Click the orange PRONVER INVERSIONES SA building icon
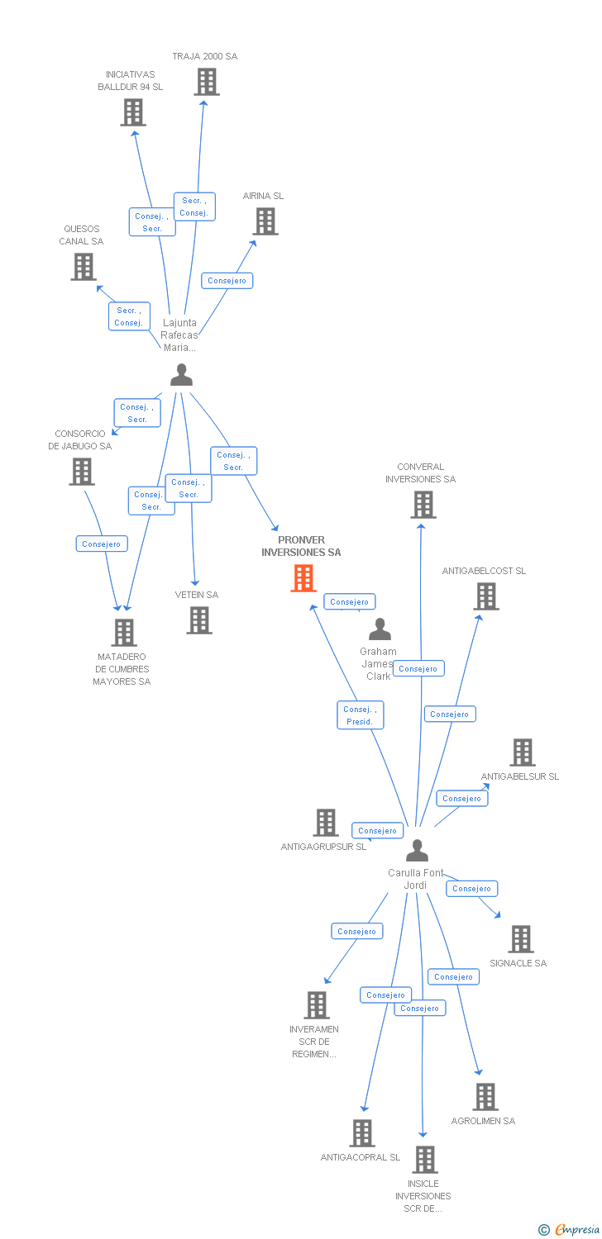pyautogui.click(x=303, y=578)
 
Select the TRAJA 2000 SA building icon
pyautogui.click(x=207, y=82)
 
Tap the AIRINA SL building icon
pyautogui.click(x=265, y=221)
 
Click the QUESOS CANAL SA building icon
pyautogui.click(x=84, y=267)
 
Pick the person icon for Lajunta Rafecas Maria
pyautogui.click(x=181, y=375)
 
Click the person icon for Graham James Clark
pyautogui.click(x=380, y=629)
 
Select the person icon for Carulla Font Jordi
pyautogui.click(x=418, y=851)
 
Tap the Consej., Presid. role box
pyautogui.click(x=360, y=715)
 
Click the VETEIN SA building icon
pyautogui.click(x=199, y=620)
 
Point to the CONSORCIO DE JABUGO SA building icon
pyautogui.click(x=82, y=472)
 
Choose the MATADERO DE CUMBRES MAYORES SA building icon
pyautogui.click(x=124, y=633)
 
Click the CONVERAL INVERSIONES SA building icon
pyautogui.click(x=423, y=505)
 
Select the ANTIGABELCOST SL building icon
pyautogui.click(x=486, y=596)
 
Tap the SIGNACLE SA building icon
pyautogui.click(x=520, y=939)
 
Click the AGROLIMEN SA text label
pyautogui.click(x=483, y=1121)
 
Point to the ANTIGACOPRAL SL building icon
pyautogui.click(x=362, y=1133)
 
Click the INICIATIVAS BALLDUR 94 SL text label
pyautogui.click(x=131, y=80)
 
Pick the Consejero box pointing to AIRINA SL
pyautogui.click(x=227, y=281)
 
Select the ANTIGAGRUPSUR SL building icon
pyautogui.click(x=326, y=823)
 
